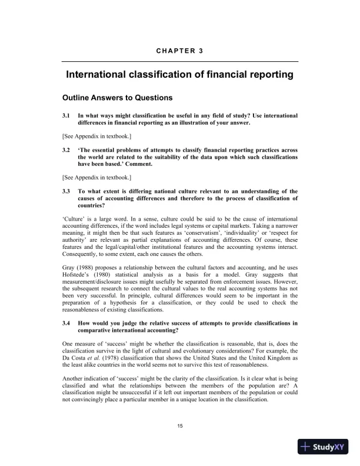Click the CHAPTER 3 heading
(x=179, y=51)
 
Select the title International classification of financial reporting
(x=179, y=75)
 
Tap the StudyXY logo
(x=325, y=447)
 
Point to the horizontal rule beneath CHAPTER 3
(x=179, y=61)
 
